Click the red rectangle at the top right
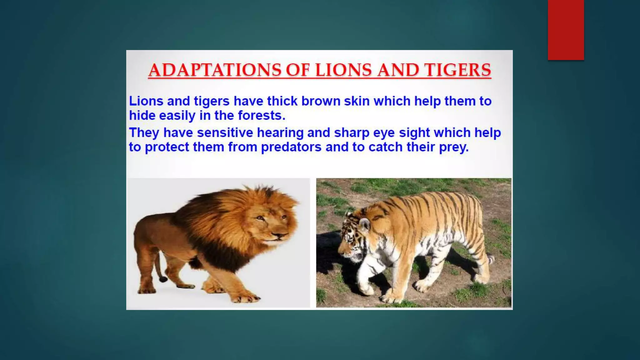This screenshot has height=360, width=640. tap(566, 30)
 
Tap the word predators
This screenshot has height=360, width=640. tap(291, 147)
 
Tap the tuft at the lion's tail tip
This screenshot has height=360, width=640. tap(163, 278)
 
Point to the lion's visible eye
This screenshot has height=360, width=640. tap(260, 218)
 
